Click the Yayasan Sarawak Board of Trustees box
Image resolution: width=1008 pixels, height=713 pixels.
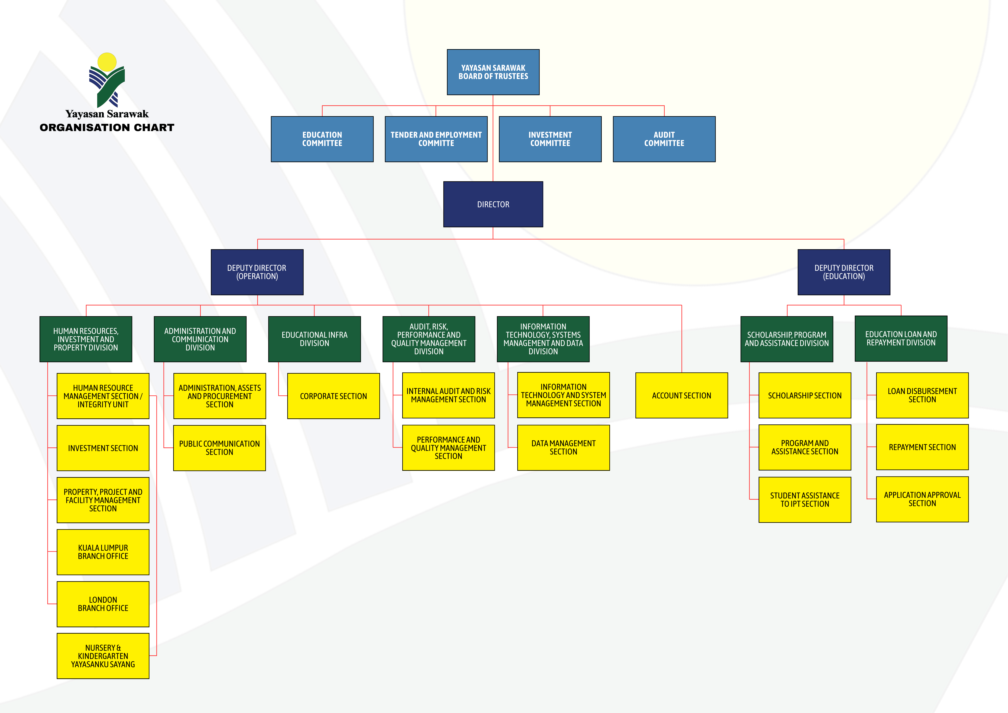pyautogui.click(x=493, y=72)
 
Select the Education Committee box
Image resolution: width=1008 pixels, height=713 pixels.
pyautogui.click(x=322, y=139)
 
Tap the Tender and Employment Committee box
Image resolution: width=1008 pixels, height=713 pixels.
pyautogui.click(x=436, y=139)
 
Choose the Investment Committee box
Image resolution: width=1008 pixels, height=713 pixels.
pyautogui.click(x=550, y=139)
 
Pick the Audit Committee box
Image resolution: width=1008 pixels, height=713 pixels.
pyautogui.click(x=664, y=139)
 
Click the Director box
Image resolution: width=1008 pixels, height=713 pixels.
pyautogui.click(x=493, y=204)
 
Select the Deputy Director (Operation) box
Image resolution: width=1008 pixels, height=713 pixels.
pyautogui.click(x=257, y=272)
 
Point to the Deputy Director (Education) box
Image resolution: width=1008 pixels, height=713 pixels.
pyautogui.click(x=844, y=272)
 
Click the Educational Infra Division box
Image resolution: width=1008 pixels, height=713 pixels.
pyautogui.click(x=314, y=339)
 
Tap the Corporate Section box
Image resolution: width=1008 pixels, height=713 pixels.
pyautogui.click(x=334, y=396)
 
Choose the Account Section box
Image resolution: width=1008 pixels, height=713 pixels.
pyautogui.click(x=682, y=396)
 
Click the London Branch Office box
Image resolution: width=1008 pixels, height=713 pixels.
pyautogui.click(x=103, y=604)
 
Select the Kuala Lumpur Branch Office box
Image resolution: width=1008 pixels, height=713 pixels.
pyautogui.click(x=103, y=552)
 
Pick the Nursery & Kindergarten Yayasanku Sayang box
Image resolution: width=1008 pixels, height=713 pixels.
pyautogui.click(x=103, y=656)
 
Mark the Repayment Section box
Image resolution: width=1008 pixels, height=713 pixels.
pyautogui.click(x=922, y=447)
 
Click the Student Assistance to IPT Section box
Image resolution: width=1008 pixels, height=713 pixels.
pyautogui.click(x=805, y=500)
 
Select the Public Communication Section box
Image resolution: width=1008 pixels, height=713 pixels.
pyautogui.click(x=220, y=448)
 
